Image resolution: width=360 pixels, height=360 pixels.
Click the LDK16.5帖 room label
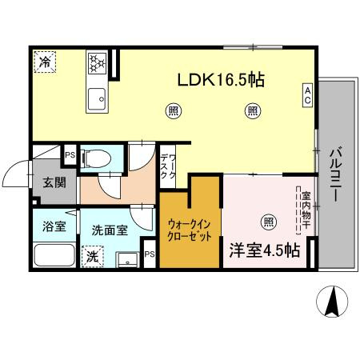221,81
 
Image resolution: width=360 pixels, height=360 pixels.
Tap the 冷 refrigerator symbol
43,61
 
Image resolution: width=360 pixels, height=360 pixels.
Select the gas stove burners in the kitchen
97,63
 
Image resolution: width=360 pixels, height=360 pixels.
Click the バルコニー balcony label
336,173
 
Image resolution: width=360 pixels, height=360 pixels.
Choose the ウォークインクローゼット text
189,231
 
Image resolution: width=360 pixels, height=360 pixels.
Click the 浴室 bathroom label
54,227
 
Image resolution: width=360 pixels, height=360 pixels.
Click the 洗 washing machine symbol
92,258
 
